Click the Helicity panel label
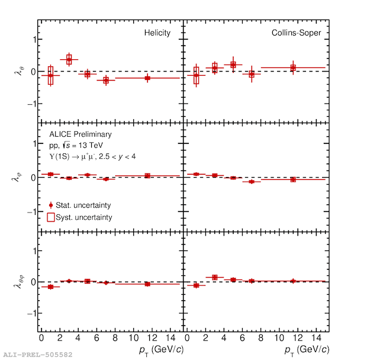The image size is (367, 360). click(x=157, y=33)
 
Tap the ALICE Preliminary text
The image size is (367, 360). click(x=81, y=134)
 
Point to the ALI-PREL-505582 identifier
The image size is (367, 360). click(x=38, y=355)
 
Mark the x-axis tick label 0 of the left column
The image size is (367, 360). click(x=41, y=337)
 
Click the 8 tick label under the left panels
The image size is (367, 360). click(x=115, y=337)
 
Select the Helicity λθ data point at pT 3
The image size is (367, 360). click(x=69, y=60)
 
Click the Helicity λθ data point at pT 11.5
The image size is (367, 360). click(x=147, y=78)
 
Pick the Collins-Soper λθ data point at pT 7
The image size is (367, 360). click(x=252, y=74)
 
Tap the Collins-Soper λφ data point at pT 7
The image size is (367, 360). click(x=252, y=181)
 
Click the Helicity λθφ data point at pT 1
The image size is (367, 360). click(x=51, y=287)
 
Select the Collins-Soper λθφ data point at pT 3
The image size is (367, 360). click(x=215, y=277)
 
